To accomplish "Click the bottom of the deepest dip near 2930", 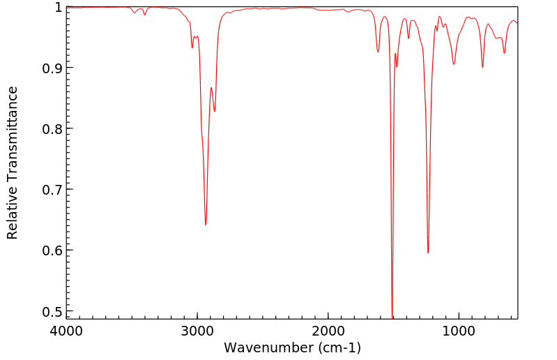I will click(x=206, y=224).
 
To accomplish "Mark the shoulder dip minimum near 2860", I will click(x=215, y=111).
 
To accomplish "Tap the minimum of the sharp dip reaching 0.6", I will click(x=428, y=253).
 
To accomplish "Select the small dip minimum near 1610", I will click(x=379, y=52).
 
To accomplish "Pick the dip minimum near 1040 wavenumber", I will click(x=454, y=64).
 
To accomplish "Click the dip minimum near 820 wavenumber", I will click(x=482, y=67).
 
